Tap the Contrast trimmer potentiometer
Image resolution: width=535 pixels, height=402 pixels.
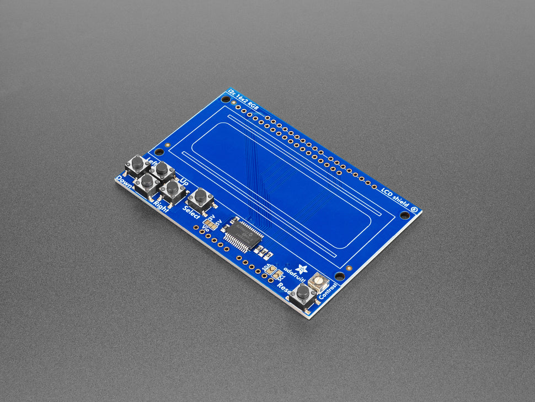pos(318,282)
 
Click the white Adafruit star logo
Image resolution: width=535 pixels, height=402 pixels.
pos(302,269)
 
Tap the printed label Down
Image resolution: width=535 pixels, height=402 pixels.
pos(124,182)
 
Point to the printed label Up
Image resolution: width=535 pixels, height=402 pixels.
pos(184,181)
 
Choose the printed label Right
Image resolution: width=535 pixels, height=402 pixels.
pos(160,207)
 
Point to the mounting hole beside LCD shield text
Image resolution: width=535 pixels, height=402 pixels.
pos(404,215)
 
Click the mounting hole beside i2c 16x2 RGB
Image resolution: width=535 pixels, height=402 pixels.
pos(226,99)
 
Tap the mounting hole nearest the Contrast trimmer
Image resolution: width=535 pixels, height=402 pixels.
pos(340,276)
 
